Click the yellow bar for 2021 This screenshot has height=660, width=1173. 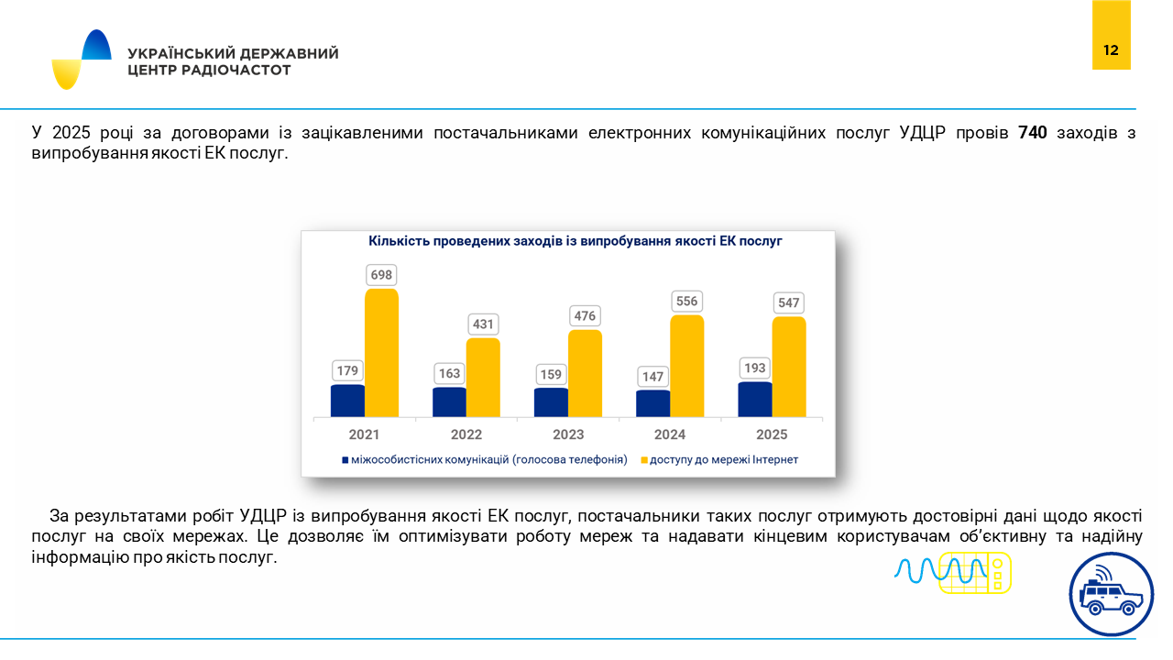pyautogui.click(x=381, y=353)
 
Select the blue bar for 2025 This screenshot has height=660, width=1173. pyautogui.click(x=754, y=400)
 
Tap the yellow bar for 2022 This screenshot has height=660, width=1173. pyautogui.click(x=483, y=378)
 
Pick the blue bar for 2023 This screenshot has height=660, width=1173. pyautogui.click(x=551, y=402)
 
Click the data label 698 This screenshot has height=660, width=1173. pyautogui.click(x=381, y=274)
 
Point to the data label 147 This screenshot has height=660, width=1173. pyautogui.click(x=652, y=376)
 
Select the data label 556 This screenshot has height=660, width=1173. pyautogui.click(x=686, y=301)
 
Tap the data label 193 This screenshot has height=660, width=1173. pyautogui.click(x=754, y=368)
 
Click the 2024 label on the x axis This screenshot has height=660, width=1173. pyautogui.click(x=670, y=434)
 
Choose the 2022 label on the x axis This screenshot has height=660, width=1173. pyautogui.click(x=466, y=434)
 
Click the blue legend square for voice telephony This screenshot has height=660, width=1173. pyautogui.click(x=345, y=460)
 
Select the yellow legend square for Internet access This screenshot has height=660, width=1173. pyautogui.click(x=644, y=460)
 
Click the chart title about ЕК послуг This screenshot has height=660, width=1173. pyautogui.click(x=575, y=242)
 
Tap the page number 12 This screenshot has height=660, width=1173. pyautogui.click(x=1111, y=50)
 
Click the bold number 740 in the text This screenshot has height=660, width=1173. pyautogui.click(x=1032, y=133)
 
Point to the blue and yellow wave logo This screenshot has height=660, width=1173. pyautogui.click(x=82, y=60)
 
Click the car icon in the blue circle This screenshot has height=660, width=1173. pyautogui.click(x=1111, y=594)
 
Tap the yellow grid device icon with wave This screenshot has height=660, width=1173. pyautogui.click(x=973, y=573)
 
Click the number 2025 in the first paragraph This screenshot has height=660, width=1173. pyautogui.click(x=71, y=133)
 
